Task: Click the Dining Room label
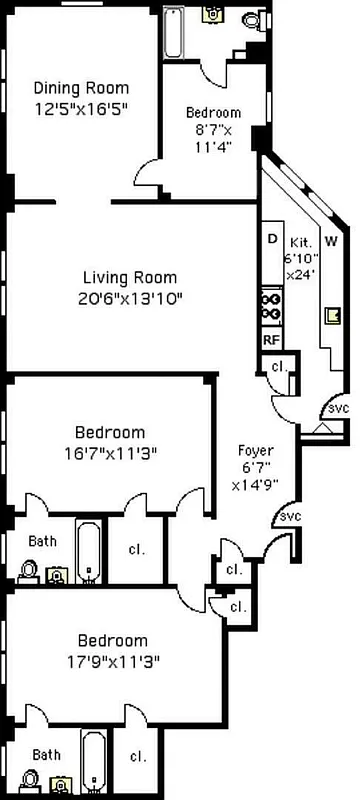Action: pos(82,86)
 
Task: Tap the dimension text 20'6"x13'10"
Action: pos(130,297)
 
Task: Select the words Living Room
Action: pos(130,277)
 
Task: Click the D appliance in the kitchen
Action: pos(271,239)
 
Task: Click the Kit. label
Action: pos(301,243)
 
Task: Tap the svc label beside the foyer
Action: pos(290,516)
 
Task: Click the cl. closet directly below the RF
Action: pos(279,367)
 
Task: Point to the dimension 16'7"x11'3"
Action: pos(124,452)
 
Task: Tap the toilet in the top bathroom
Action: pos(251,17)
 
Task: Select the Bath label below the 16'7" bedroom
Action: pos(42,541)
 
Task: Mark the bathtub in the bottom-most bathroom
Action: pos(92,764)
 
